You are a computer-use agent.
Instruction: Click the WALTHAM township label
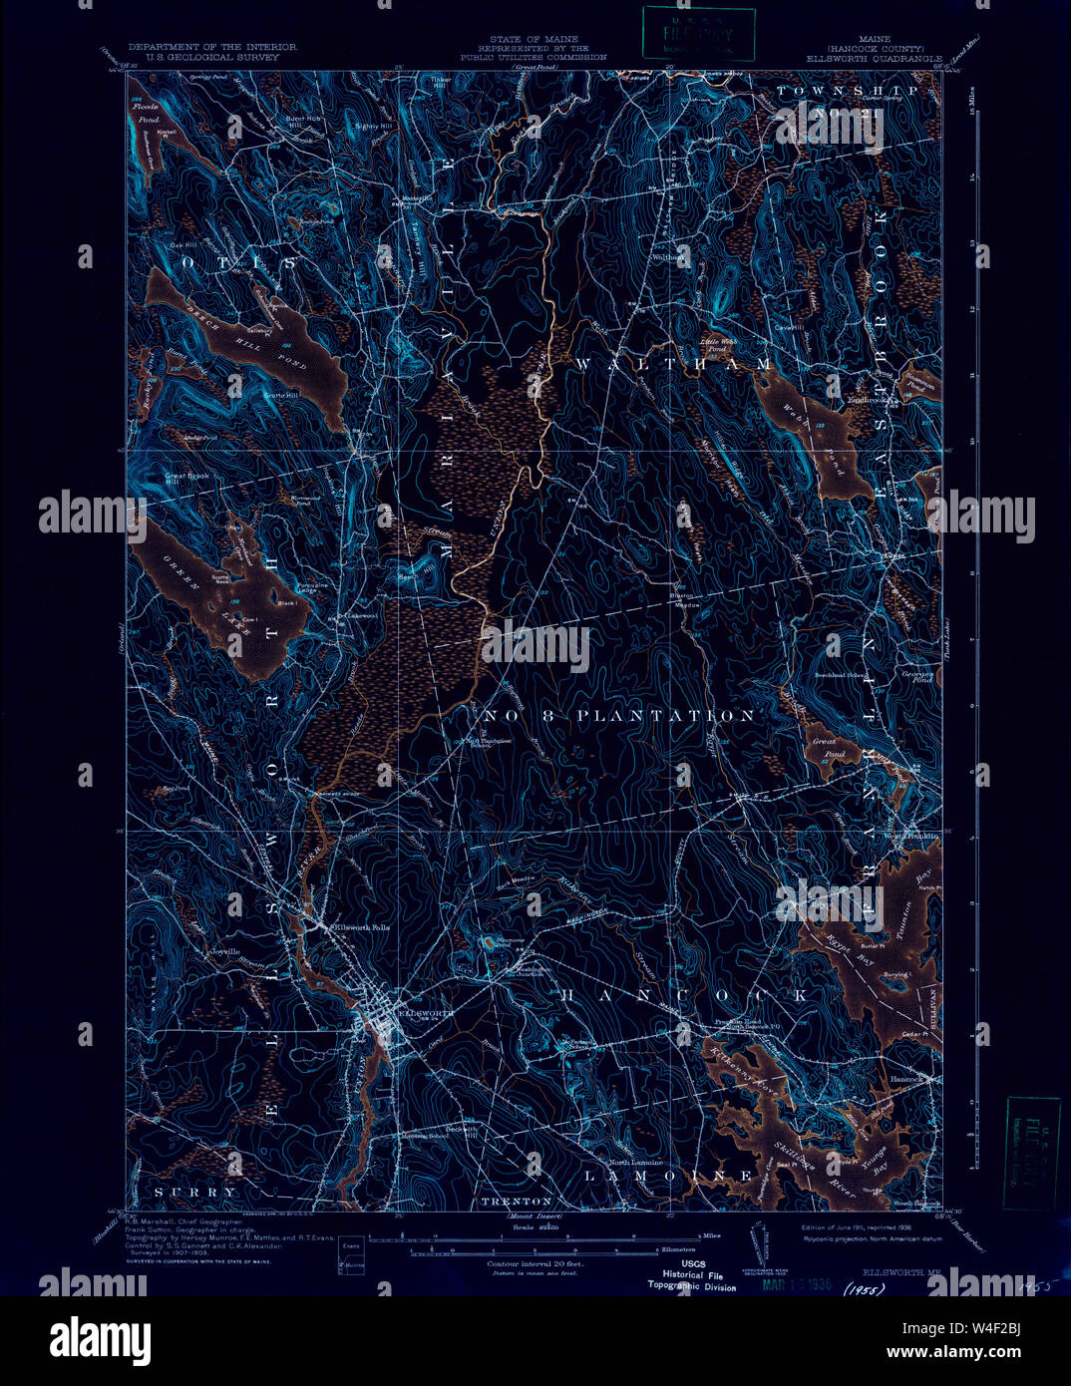point(672,365)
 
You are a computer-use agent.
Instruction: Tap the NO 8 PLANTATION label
point(619,716)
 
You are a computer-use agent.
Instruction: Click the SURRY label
point(195,1192)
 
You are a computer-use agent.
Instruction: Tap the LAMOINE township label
point(668,1176)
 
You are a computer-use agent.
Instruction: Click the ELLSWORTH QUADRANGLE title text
point(879,58)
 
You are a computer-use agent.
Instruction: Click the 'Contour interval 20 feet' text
point(535,1263)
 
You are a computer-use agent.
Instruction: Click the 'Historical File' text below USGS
point(693,1275)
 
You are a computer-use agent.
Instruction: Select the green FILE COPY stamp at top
point(698,34)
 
